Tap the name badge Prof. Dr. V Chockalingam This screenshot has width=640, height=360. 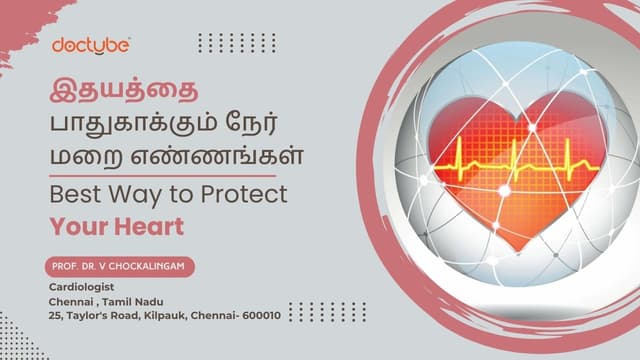(x=117, y=267)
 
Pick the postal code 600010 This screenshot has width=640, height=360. (x=259, y=315)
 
